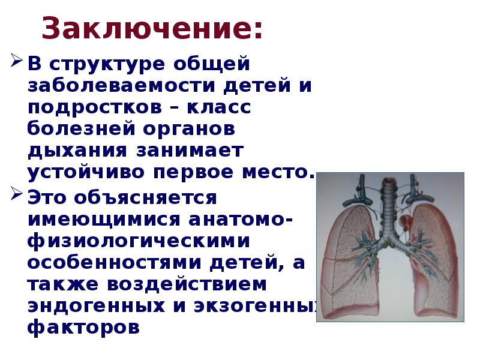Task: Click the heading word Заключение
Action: point(152,28)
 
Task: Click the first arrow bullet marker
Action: point(16,61)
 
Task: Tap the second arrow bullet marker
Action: point(16,194)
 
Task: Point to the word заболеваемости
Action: point(121,86)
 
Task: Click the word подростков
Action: point(94,108)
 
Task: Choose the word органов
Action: point(192,130)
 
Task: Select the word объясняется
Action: point(150,196)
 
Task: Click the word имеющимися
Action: point(108,218)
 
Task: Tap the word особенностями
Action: point(120,262)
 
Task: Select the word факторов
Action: point(83,328)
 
